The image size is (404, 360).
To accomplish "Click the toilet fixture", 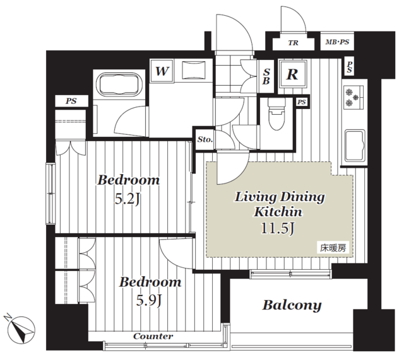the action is [x=276, y=113].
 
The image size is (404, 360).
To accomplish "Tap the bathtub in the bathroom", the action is [x=119, y=84].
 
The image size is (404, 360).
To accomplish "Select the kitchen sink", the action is [x=355, y=145].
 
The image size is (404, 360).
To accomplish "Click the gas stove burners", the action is [x=352, y=98].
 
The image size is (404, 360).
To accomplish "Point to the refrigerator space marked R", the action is [x=292, y=74].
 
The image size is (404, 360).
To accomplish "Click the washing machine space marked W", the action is [x=162, y=71].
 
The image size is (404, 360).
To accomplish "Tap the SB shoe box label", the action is [x=266, y=76].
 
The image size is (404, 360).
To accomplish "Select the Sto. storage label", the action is [x=205, y=139].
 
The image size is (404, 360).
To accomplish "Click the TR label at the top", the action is [x=293, y=43].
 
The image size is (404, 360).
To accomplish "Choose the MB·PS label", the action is [x=337, y=42].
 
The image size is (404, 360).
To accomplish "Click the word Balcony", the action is [x=292, y=305].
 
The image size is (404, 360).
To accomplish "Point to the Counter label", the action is [x=153, y=336].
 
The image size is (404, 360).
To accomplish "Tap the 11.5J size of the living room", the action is [x=278, y=228].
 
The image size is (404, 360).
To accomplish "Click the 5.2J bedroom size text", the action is [x=128, y=199].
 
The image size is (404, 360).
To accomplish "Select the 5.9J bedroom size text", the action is [x=149, y=300].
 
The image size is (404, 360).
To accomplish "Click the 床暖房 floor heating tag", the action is [x=333, y=248].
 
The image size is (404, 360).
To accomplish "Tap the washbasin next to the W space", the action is [x=194, y=70].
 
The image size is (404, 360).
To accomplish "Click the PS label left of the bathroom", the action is [x=71, y=101].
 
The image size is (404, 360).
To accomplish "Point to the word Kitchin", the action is [x=278, y=212].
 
